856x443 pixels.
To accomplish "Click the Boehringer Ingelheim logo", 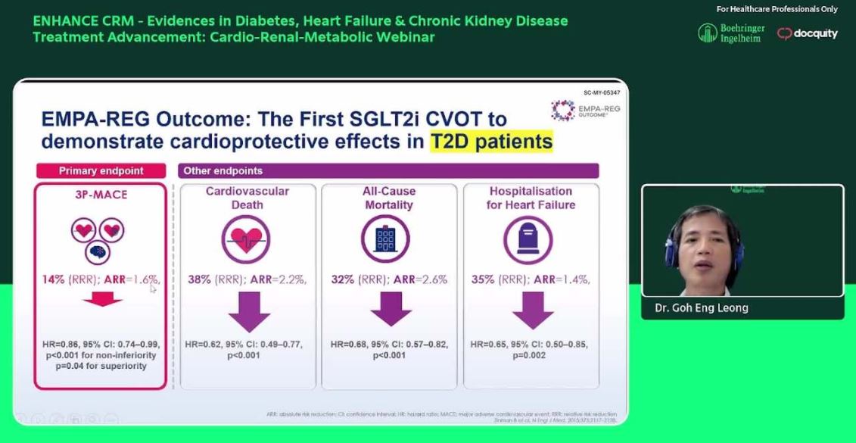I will [731, 33].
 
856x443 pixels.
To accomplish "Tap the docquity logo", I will [808, 33].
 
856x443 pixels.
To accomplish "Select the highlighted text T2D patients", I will [491, 142].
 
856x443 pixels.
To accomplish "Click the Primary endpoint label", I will [101, 170].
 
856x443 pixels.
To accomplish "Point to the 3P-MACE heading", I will [101, 195].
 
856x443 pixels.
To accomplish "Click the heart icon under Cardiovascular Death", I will [247, 239].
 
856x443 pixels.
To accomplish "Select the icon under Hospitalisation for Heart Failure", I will [528, 240].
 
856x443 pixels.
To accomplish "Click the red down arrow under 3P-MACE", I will [102, 299].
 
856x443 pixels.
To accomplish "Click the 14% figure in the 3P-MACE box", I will [54, 279].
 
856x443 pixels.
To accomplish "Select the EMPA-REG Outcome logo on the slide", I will [585, 111].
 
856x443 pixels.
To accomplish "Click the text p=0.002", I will [531, 355].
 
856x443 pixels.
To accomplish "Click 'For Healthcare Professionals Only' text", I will [777, 9].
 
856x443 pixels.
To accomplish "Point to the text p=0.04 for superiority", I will [100, 366].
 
